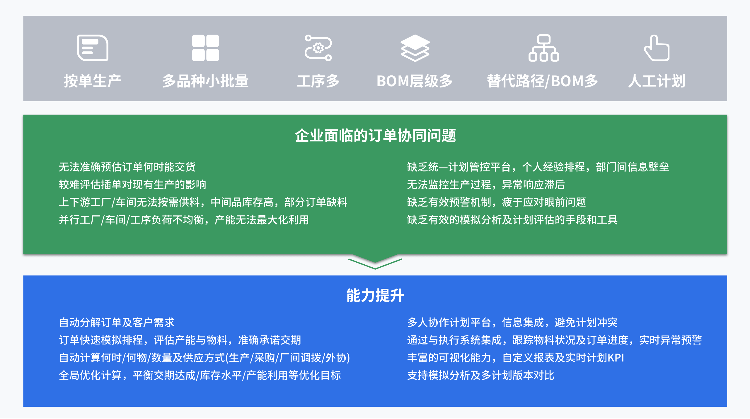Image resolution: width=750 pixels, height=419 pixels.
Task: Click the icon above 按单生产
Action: [x=93, y=48]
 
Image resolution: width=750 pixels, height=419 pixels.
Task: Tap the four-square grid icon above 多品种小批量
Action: [x=205, y=48]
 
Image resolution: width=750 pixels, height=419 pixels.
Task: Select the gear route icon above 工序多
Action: [x=318, y=48]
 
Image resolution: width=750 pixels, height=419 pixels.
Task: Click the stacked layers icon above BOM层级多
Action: [x=415, y=48]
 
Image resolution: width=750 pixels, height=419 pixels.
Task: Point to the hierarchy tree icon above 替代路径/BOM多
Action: [x=544, y=48]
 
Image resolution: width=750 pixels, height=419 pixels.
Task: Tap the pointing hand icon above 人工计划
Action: [x=657, y=48]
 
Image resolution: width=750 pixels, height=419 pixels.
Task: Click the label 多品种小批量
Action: [x=205, y=81]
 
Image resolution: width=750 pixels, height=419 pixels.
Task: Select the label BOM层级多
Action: [x=415, y=81]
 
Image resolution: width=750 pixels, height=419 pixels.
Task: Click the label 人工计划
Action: [x=657, y=81]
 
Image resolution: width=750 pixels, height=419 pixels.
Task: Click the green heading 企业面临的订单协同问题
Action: [x=375, y=136]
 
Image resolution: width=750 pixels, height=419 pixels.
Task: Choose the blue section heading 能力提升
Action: [x=375, y=295]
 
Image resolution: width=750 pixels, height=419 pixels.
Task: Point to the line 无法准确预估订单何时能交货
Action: [x=127, y=167]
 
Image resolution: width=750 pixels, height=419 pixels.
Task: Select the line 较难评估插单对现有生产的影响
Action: [x=132, y=185]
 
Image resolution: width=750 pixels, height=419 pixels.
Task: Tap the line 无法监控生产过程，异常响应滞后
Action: [x=486, y=185]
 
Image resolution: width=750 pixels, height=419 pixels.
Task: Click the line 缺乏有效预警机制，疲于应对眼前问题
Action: [x=497, y=202]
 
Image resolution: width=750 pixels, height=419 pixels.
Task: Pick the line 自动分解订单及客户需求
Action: [x=117, y=322]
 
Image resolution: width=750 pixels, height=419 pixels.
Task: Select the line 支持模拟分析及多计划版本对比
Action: [x=481, y=375]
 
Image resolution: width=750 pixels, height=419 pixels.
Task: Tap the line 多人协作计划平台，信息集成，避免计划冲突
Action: [x=512, y=322]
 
